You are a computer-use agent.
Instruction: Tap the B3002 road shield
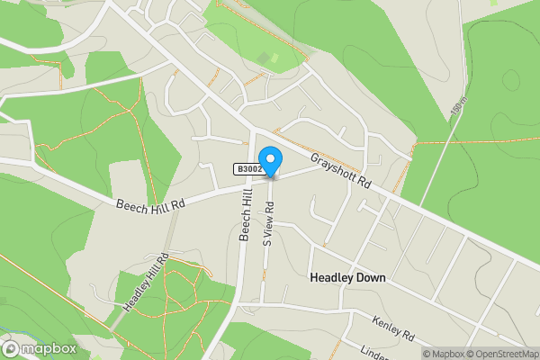pyautogui.click(x=249, y=169)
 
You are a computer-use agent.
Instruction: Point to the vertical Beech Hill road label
pyautogui.click(x=245, y=215)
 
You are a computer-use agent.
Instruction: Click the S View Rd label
pyautogui.click(x=267, y=223)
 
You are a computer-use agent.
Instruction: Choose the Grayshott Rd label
pyautogui.click(x=341, y=170)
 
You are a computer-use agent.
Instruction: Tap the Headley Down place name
pyautogui.click(x=347, y=278)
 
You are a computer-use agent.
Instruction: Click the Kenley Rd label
pyautogui.click(x=395, y=328)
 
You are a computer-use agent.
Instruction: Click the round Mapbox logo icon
pyautogui.click(x=12, y=348)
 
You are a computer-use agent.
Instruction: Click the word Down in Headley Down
pyautogui.click(x=369, y=278)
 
